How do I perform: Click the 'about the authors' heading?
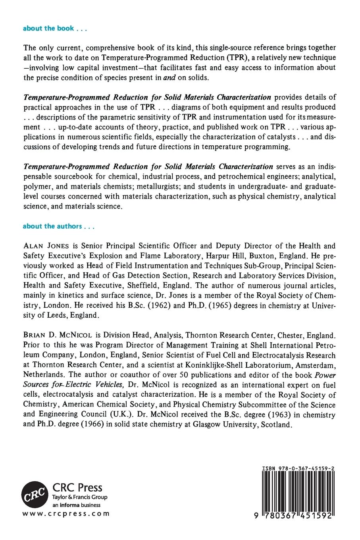[x=58, y=226]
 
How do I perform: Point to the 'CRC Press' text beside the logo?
[x=77, y=488]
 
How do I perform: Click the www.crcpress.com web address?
[x=66, y=513]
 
